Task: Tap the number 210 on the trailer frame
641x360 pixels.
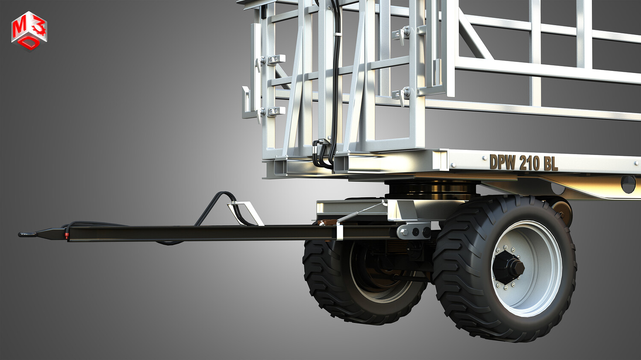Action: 529,163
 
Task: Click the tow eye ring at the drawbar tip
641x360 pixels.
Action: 27,234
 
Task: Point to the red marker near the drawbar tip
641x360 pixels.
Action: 66,236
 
